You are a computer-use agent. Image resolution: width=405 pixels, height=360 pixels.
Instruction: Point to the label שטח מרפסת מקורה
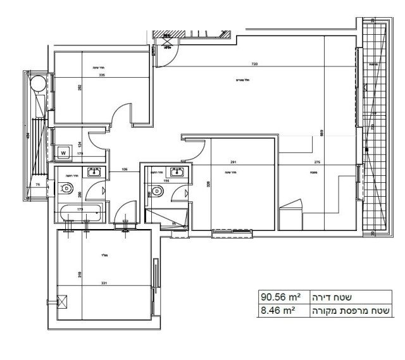[352, 310]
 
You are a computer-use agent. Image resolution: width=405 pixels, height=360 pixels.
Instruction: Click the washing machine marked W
[65, 152]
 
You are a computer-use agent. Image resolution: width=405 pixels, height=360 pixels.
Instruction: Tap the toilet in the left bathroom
[66, 188]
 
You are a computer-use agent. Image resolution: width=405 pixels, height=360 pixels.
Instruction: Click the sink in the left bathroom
[93, 171]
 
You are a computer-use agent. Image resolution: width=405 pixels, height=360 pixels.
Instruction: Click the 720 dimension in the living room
[254, 65]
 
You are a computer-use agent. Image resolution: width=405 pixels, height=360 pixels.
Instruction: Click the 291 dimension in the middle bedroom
[234, 162]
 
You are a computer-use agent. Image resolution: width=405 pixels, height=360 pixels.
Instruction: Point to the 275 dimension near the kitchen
[318, 162]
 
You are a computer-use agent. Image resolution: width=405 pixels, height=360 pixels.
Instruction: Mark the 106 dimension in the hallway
[124, 169]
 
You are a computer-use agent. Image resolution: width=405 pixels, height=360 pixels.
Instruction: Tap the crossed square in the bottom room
[61, 302]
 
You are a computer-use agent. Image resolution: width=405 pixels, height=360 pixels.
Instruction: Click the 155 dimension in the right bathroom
[165, 180]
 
